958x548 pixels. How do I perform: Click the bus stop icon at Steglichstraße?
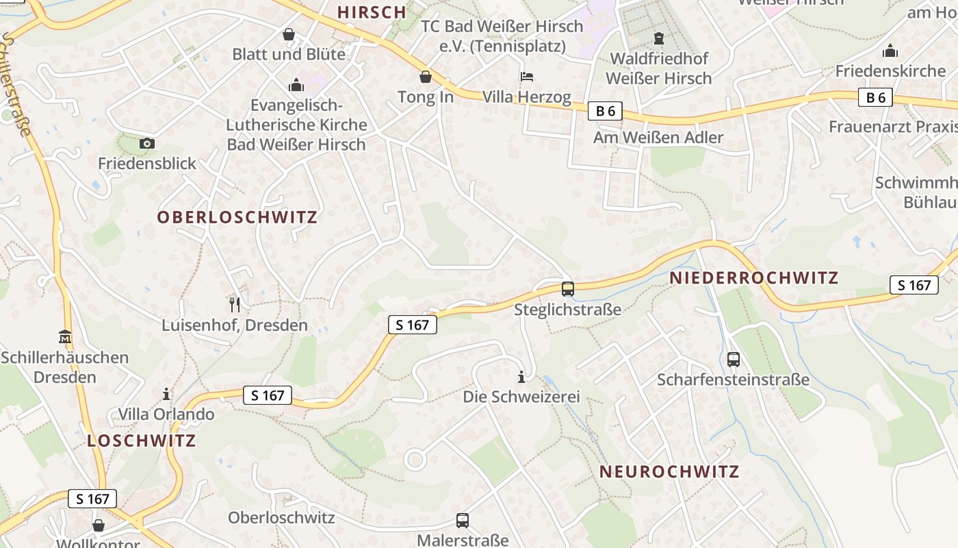(x=567, y=288)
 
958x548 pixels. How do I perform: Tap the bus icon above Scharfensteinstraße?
(x=734, y=359)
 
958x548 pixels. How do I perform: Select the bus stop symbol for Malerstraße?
(x=463, y=520)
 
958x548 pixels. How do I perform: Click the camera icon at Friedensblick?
(x=146, y=143)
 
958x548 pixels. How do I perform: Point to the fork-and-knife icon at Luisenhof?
(x=235, y=304)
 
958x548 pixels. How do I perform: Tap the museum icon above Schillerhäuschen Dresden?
(x=64, y=337)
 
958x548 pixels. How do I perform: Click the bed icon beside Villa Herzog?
(x=527, y=76)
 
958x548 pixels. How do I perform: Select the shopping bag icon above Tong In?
(x=426, y=76)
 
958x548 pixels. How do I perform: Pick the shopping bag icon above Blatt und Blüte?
(x=289, y=34)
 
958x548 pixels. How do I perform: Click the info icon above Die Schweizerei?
(x=521, y=376)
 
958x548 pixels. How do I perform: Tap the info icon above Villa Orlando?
(x=166, y=394)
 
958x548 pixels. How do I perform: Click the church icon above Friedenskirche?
(x=890, y=51)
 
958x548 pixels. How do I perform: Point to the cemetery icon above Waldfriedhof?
(x=658, y=38)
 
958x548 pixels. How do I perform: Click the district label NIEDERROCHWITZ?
(x=754, y=277)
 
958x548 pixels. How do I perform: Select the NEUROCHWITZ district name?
(x=669, y=471)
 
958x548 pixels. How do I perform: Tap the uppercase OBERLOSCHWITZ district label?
(x=237, y=217)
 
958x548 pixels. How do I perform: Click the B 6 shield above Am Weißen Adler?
(x=605, y=111)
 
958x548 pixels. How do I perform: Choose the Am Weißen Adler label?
(x=658, y=138)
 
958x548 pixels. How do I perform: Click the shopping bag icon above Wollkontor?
(x=99, y=525)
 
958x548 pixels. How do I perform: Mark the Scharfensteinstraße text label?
(x=733, y=379)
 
